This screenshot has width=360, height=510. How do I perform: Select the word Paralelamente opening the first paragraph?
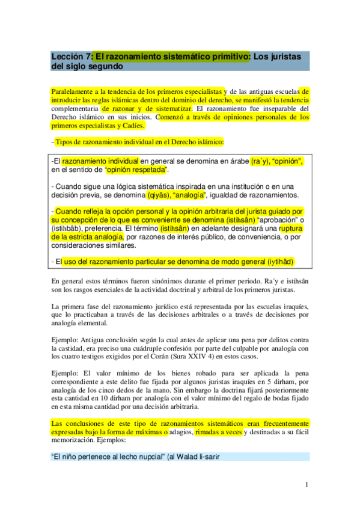(x=75, y=91)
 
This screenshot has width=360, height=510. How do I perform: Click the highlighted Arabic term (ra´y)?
(x=259, y=161)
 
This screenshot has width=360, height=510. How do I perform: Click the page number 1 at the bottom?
(x=307, y=484)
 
